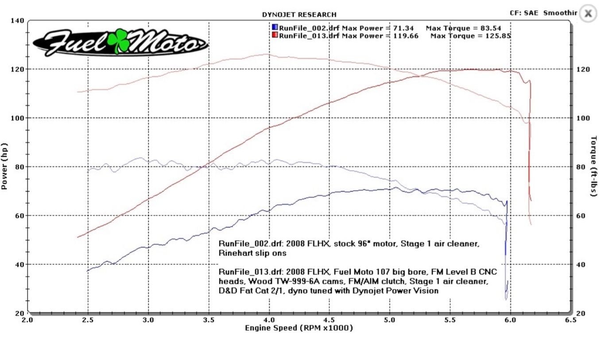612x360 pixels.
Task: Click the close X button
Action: (x=588, y=13)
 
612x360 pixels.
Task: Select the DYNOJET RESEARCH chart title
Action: (x=299, y=15)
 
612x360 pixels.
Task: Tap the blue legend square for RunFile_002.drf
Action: (x=275, y=28)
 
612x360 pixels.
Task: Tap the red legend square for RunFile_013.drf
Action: (x=275, y=35)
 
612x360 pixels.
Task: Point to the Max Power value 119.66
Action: (x=406, y=35)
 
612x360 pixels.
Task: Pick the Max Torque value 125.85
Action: (x=496, y=35)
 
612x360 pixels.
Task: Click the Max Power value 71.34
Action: (x=403, y=28)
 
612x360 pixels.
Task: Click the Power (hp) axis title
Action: (x=5, y=166)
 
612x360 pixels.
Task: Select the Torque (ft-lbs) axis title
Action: (x=594, y=166)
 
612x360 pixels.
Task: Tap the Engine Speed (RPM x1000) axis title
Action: (x=299, y=328)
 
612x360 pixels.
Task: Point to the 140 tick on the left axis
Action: (x=18, y=21)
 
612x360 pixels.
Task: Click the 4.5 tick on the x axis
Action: (x=329, y=320)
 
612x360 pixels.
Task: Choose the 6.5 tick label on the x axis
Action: (x=570, y=320)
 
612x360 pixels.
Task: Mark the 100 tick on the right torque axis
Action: (x=582, y=118)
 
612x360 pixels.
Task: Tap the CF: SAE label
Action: (x=523, y=13)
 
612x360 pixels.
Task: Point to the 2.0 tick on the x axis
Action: (x=27, y=320)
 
